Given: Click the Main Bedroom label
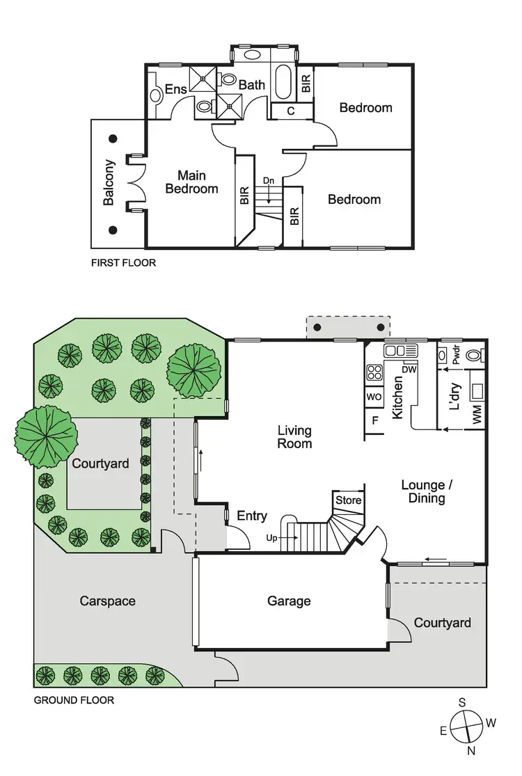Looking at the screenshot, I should (192, 182).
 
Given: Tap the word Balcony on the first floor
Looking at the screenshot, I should (109, 183).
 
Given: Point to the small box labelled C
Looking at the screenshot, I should (291, 111).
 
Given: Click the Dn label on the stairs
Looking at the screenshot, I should (269, 180).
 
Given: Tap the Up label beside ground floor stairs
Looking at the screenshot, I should (272, 537).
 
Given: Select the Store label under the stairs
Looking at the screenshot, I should (349, 500).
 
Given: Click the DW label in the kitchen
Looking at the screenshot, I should (409, 370).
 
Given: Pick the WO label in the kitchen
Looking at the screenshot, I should (374, 397).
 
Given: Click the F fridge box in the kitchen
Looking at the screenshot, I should (374, 420).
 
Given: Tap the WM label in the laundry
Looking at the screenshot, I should (477, 416).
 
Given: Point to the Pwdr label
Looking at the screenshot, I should (457, 356).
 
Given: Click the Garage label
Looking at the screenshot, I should (289, 601).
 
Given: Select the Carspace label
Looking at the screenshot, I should (107, 601).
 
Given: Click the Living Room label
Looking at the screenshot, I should (294, 437).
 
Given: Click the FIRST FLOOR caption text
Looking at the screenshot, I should (124, 263).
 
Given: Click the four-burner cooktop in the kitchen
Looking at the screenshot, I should (374, 372).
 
